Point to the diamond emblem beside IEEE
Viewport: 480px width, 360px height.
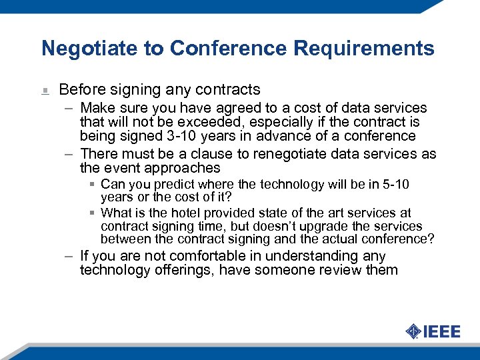pos(413,331)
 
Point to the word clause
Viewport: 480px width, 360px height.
pos(212,154)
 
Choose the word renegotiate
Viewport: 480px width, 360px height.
pos(292,154)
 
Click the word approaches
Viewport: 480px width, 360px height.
pos(186,168)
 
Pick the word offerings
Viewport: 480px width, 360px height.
pos(183,270)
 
